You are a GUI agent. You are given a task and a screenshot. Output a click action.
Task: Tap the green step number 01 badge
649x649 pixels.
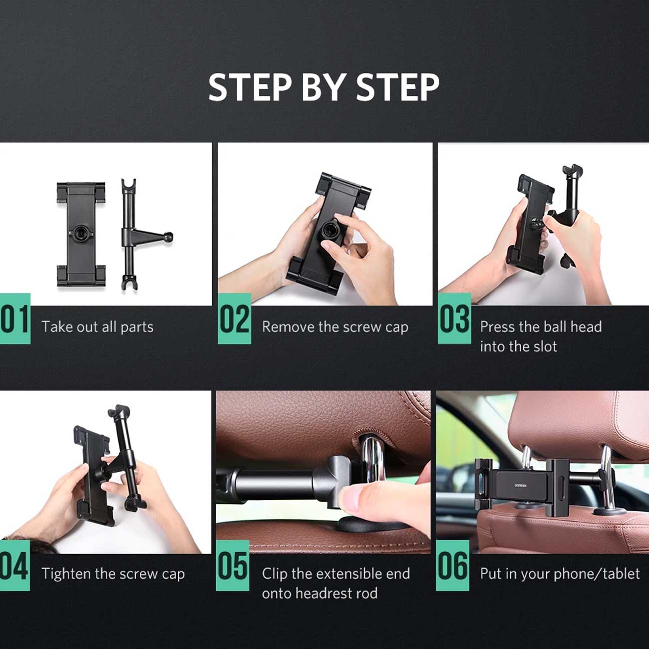click(15, 319)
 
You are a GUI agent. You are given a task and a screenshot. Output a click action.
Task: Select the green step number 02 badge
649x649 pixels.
click(235, 319)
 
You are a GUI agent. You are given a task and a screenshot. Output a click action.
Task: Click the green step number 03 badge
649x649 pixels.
click(454, 319)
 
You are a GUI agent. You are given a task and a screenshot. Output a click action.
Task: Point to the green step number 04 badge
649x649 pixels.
click(15, 566)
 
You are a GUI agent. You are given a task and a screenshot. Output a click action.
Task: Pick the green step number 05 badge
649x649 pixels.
click(232, 566)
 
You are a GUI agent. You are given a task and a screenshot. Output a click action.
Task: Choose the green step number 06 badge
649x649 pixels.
click(452, 566)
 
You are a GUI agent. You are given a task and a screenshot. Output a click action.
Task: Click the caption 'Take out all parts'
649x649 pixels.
click(97, 327)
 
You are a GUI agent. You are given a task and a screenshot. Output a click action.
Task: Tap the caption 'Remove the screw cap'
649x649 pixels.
click(335, 327)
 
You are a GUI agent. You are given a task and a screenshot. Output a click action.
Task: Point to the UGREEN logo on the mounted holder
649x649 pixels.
click(520, 485)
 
